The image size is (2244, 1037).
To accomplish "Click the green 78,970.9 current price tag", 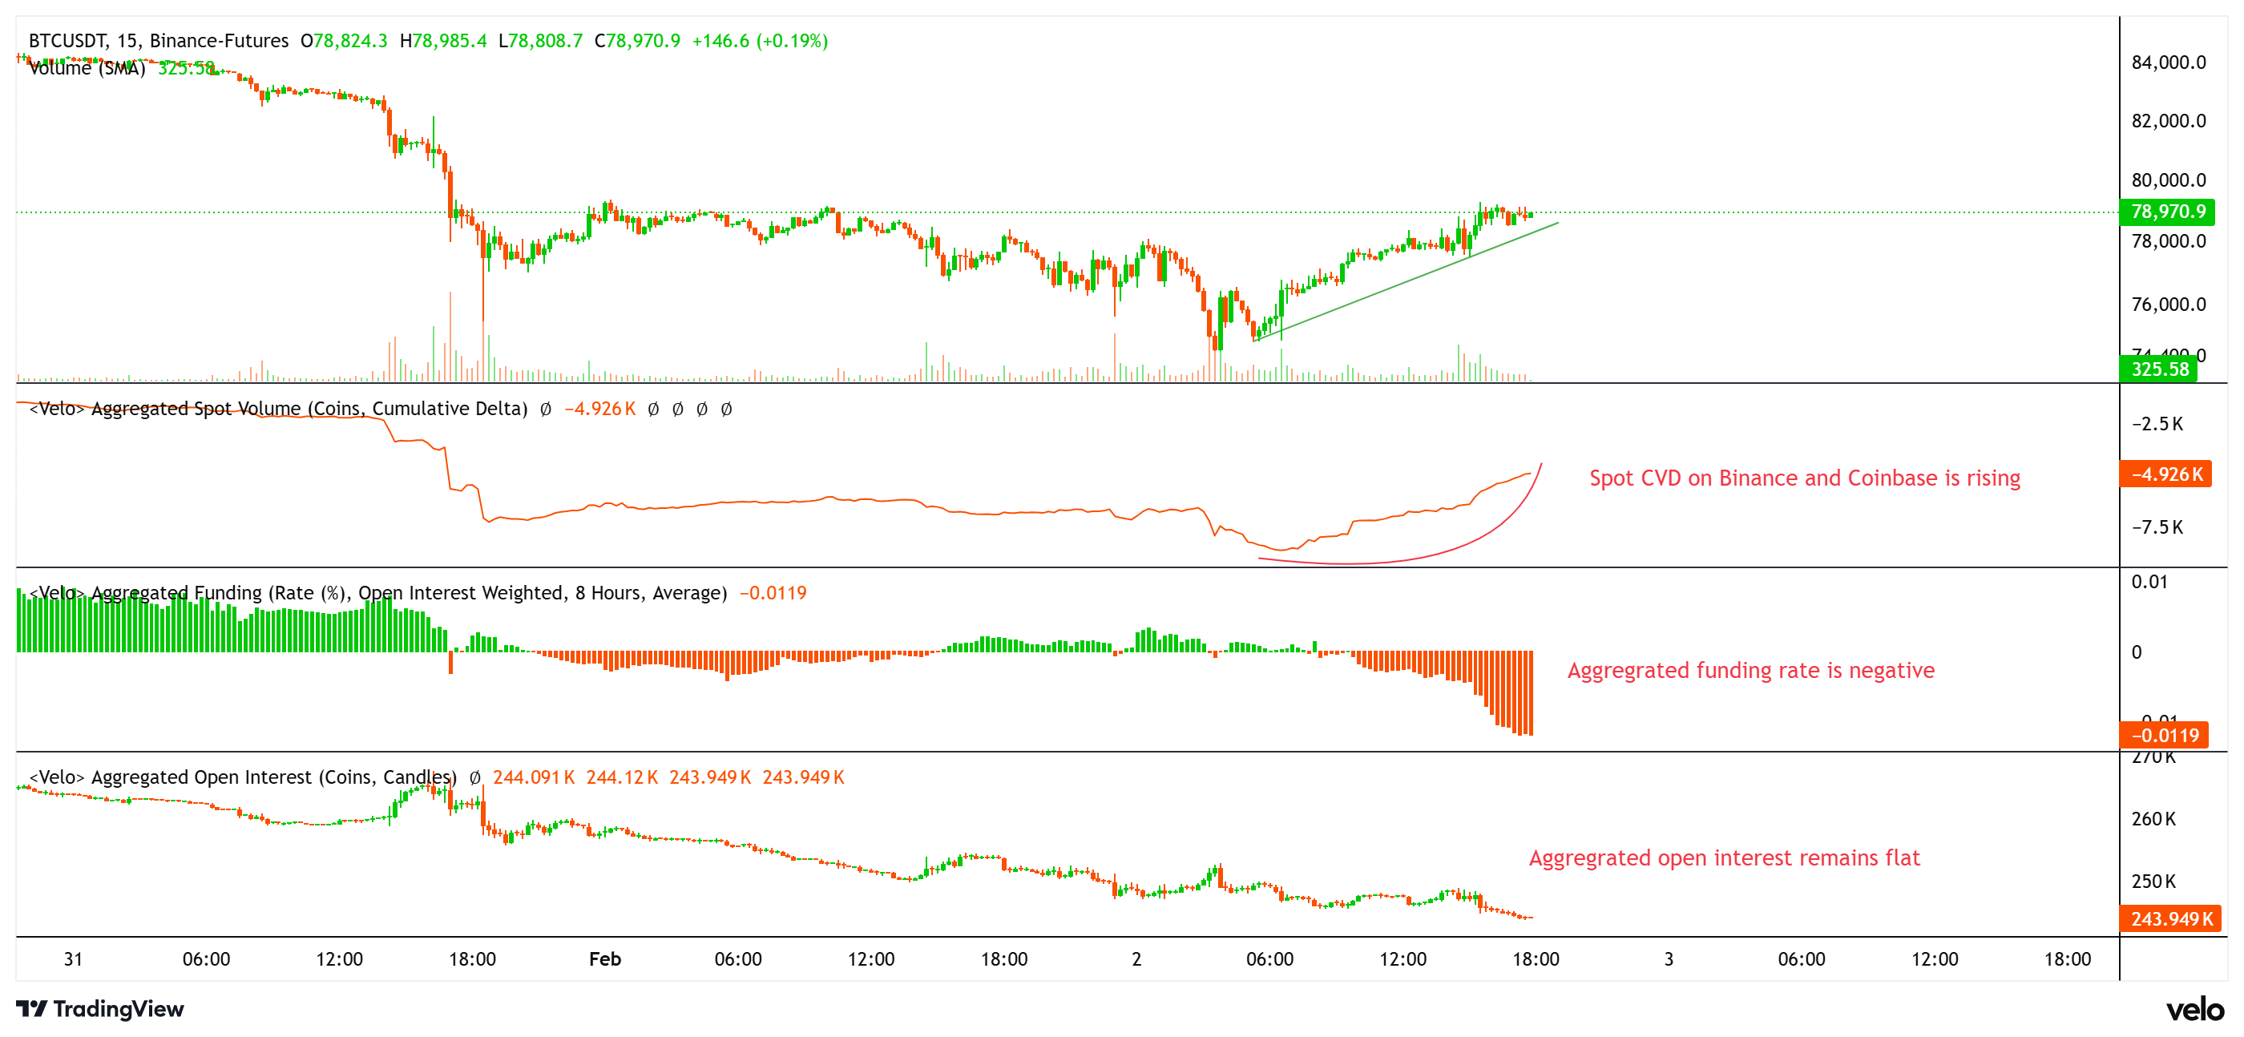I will pos(2167,212).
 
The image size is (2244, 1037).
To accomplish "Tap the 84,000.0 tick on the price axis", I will pos(2168,63).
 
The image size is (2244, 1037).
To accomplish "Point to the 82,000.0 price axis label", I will pos(2168,121).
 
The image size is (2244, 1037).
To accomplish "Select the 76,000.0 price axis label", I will pos(2168,305).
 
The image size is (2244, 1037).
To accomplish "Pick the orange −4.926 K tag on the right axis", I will pos(2166,475).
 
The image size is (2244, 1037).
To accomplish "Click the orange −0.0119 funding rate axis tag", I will pos(2165,736).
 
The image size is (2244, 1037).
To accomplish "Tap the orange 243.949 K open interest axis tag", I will pos(2171,919).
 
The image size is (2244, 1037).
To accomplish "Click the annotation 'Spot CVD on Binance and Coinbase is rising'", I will pos(1804,478).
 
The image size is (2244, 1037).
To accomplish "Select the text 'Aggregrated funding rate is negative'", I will pos(1750,670).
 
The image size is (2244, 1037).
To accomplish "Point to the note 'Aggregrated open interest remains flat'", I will pos(1724,858).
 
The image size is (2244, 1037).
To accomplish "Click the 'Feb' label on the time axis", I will pos(604,959).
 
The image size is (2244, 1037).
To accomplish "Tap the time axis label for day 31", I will pos(73,959).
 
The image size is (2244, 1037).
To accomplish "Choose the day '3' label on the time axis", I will pos(1669,959).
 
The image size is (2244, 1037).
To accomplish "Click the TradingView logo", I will pos(100,1009).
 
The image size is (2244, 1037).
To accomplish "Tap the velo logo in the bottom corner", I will pos(2195,1010).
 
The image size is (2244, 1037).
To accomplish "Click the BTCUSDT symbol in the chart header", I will pos(68,41).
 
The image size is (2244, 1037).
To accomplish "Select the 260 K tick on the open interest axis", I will pos(2153,819).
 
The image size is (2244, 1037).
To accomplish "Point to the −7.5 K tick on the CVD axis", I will pos(2157,527).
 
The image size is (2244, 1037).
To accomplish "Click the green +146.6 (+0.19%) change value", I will pos(760,41).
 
